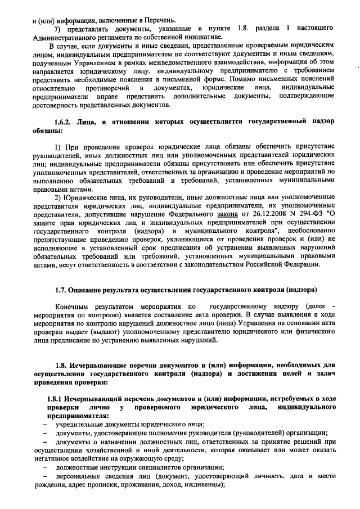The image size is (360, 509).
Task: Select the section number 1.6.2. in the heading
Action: point(65,121)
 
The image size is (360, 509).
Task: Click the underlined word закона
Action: point(226,214)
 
